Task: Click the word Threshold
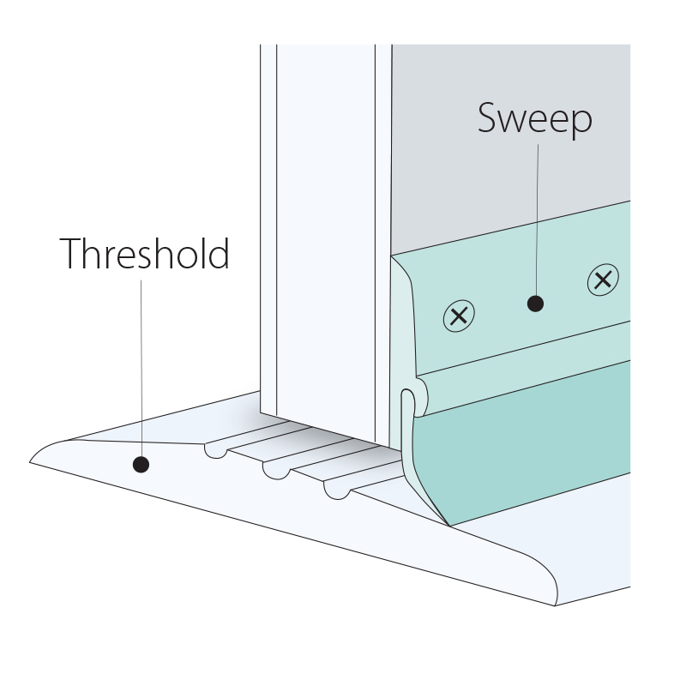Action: click(x=144, y=253)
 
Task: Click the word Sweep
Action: click(x=534, y=118)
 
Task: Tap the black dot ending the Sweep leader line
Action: click(x=535, y=304)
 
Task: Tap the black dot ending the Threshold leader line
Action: click(x=141, y=464)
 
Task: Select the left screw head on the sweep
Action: click(x=459, y=316)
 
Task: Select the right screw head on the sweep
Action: click(x=603, y=280)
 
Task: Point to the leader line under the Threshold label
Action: click(x=141, y=368)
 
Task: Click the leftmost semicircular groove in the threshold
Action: click(x=216, y=452)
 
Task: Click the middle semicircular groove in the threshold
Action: click(x=276, y=472)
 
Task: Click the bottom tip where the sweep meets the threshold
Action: click(x=449, y=527)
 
